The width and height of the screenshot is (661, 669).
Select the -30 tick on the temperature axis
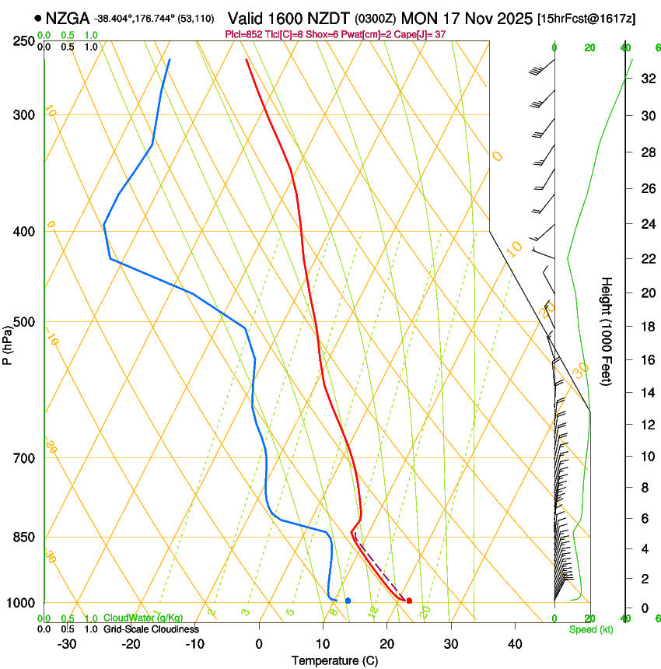[67, 644]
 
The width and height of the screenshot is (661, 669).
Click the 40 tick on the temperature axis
[514, 644]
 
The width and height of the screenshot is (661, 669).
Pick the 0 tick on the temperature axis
[259, 644]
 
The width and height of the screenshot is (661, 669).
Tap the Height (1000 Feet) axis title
[607, 331]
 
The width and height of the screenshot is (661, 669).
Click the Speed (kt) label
[590, 629]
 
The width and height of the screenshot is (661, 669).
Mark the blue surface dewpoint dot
[348, 601]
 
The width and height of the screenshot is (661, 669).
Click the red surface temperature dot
[409, 601]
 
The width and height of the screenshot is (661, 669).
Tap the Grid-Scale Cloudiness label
[151, 629]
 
